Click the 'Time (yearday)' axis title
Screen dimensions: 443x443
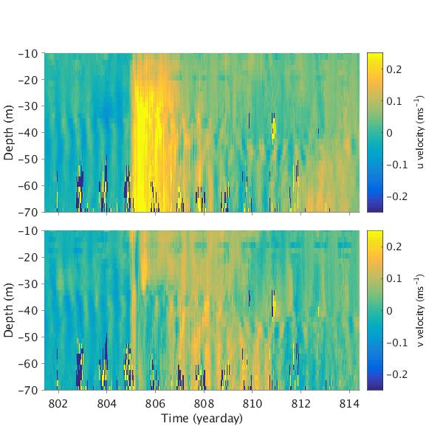click(202, 419)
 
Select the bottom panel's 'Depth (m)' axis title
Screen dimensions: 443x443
click(10, 310)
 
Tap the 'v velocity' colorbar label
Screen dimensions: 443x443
click(420, 310)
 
